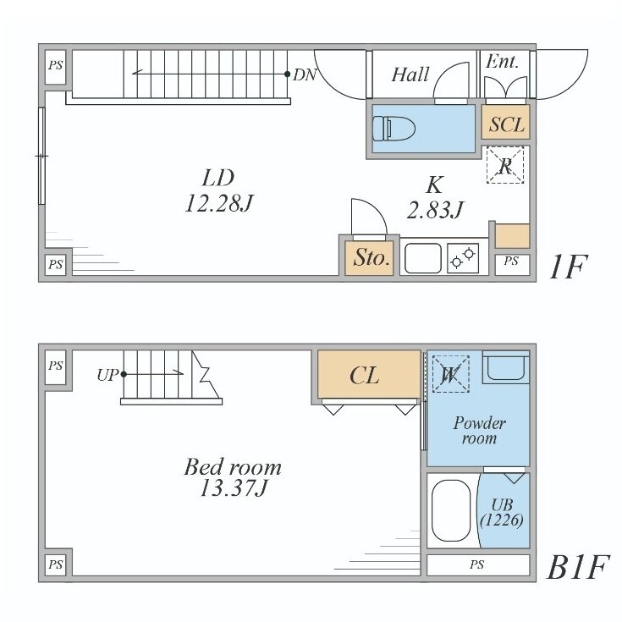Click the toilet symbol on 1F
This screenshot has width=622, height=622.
(x=394, y=129)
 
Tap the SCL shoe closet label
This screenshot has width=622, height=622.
(x=507, y=124)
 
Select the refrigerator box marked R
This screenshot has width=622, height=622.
(x=505, y=165)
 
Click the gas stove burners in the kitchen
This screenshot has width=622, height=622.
(x=463, y=258)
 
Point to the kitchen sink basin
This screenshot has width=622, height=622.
(x=423, y=258)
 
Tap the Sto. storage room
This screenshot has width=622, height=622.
(x=369, y=258)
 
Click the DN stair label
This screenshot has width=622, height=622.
(x=305, y=74)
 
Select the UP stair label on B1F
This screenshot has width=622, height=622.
(x=107, y=374)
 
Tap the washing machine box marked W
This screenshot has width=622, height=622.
(x=450, y=374)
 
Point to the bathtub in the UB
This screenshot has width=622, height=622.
(x=450, y=511)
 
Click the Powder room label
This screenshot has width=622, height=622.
(x=479, y=431)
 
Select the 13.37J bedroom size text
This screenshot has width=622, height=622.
(x=234, y=488)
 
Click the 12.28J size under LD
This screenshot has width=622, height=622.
(x=219, y=203)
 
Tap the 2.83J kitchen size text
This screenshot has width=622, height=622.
(x=435, y=210)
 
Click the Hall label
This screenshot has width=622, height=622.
(x=410, y=74)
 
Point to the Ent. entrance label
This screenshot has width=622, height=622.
(x=502, y=62)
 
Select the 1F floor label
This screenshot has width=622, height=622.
(x=567, y=267)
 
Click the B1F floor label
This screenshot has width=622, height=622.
(x=577, y=567)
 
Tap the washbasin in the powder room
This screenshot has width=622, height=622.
(x=506, y=367)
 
